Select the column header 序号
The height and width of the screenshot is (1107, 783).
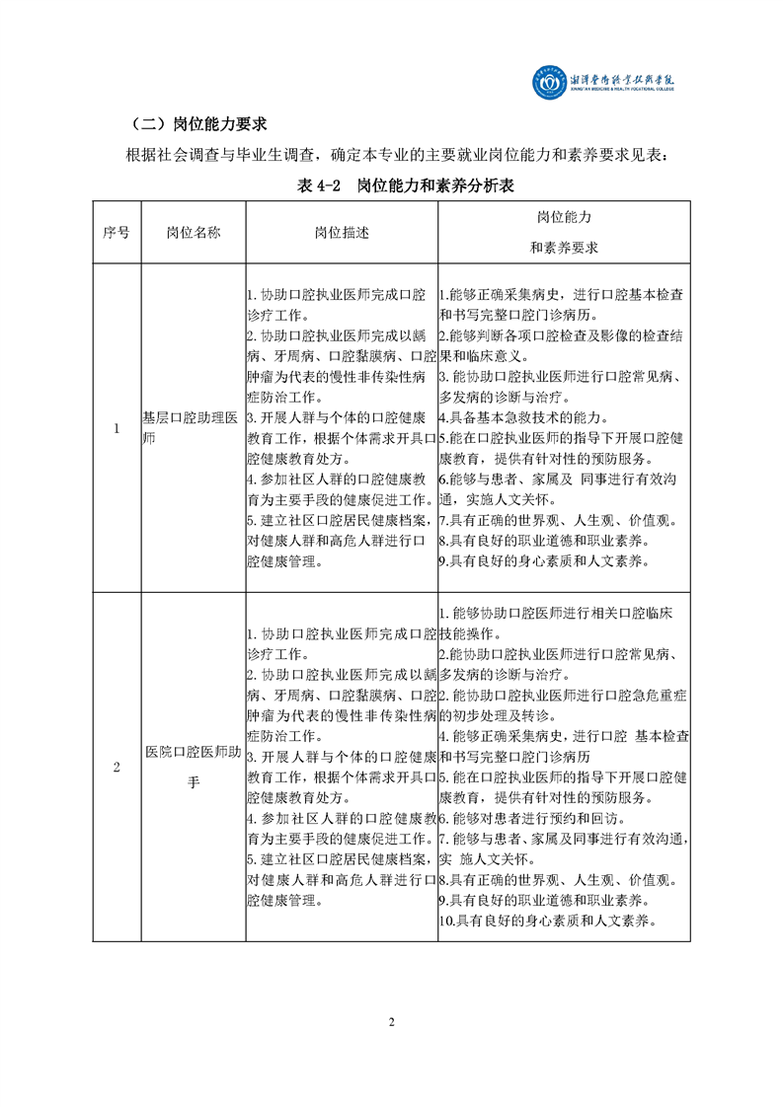click(x=117, y=233)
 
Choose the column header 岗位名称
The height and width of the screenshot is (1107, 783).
click(x=193, y=233)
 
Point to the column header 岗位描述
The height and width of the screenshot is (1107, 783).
click(x=341, y=233)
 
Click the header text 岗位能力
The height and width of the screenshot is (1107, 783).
click(x=564, y=216)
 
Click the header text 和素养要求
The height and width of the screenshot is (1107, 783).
click(x=564, y=248)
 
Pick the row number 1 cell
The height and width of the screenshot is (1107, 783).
click(x=117, y=428)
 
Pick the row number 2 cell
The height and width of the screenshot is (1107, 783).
click(x=117, y=769)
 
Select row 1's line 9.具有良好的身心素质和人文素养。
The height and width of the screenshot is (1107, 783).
click(x=544, y=560)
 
